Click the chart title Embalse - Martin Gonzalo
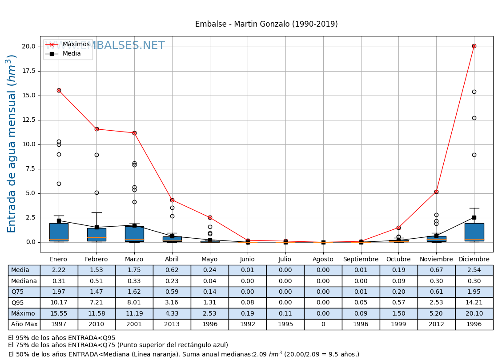tap(266, 24)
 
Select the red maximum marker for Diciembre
tap(474, 46)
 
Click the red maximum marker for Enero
tap(59, 90)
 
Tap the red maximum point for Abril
tap(172, 200)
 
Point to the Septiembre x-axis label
tap(361, 260)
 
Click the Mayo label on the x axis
tap(210, 260)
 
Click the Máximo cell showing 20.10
tap(474, 313)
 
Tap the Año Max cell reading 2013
tap(172, 324)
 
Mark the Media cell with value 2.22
tap(59, 270)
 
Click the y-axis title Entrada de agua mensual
tap(12, 144)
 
